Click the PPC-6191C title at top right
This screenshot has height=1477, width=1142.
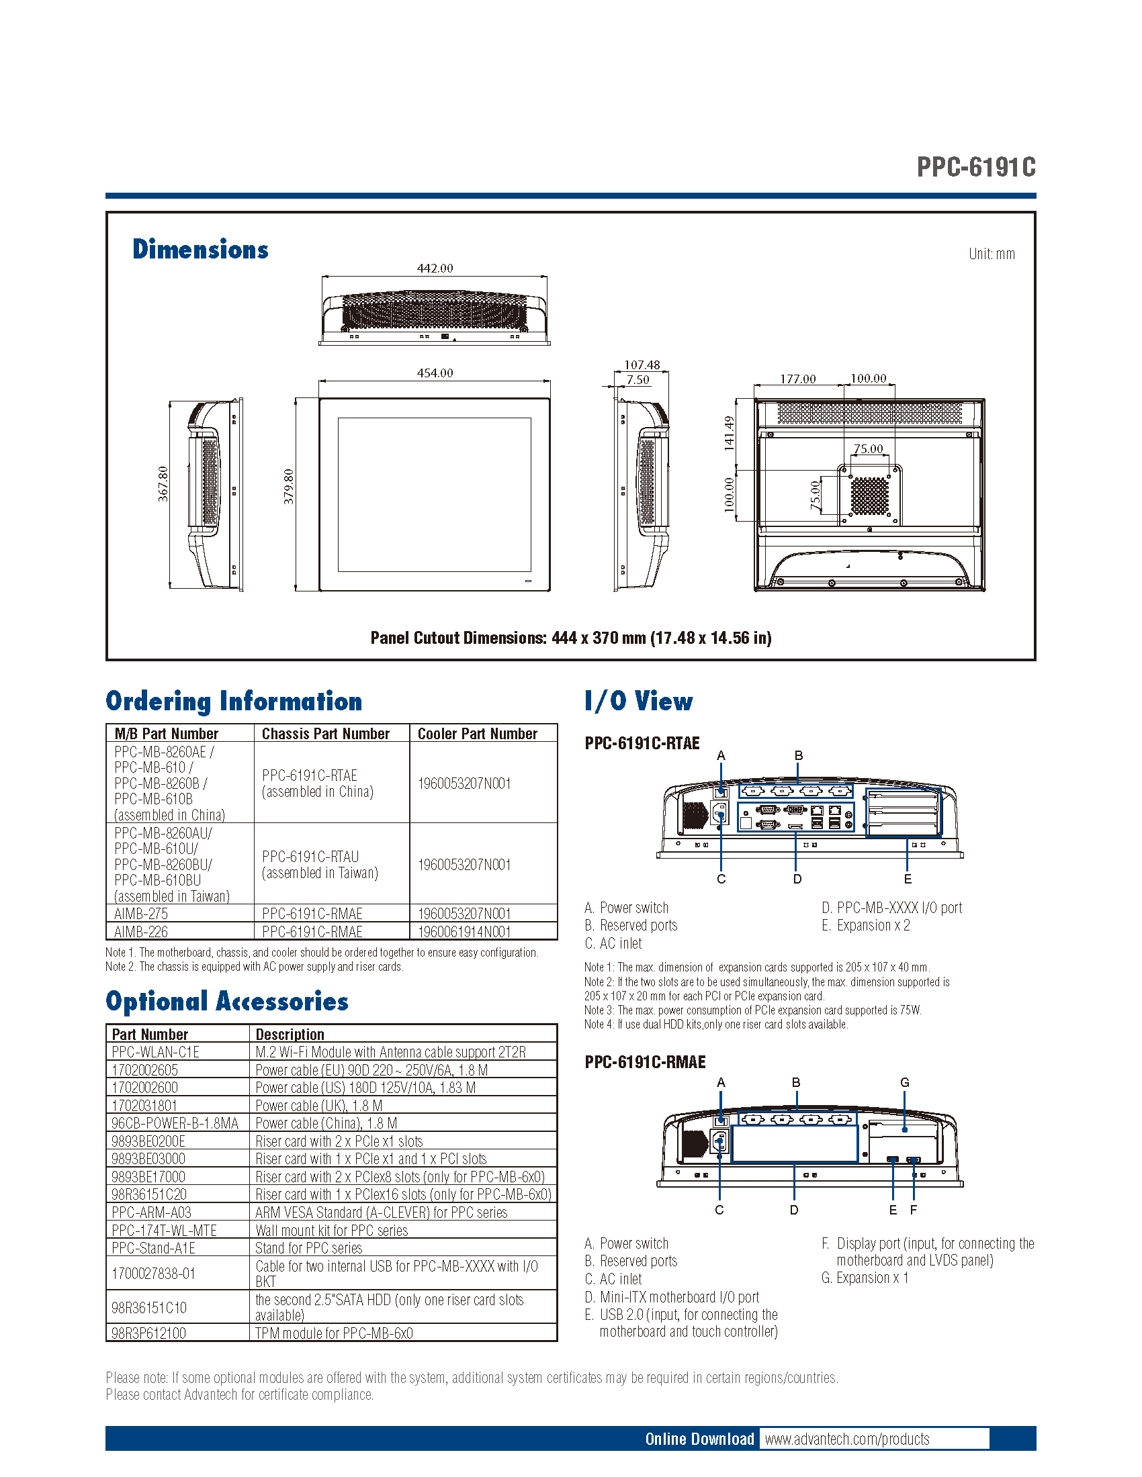[975, 166]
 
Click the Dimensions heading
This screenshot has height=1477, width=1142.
[200, 250]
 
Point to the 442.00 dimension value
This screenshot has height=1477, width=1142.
[435, 269]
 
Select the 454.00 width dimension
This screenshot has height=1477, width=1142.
[435, 373]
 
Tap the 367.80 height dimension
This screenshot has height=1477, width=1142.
[163, 483]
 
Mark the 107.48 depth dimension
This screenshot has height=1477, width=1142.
[642, 365]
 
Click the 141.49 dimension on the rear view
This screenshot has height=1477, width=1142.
[729, 433]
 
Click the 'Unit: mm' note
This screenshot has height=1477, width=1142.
[991, 254]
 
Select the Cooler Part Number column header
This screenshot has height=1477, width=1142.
[477, 734]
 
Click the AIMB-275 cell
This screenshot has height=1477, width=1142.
[141, 914]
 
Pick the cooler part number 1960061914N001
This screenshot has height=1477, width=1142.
[464, 932]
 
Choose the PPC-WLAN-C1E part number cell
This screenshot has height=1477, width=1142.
[156, 1052]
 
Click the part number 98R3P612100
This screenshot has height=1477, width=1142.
[149, 1333]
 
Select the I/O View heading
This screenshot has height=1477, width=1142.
[639, 702]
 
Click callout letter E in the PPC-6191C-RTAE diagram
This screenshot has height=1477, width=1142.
[908, 879]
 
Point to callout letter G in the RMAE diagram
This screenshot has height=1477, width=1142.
[905, 1083]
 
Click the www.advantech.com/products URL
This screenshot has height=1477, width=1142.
[847, 1439]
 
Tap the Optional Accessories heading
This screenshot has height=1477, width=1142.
[226, 1002]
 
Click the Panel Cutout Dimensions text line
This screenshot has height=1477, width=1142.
[571, 638]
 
